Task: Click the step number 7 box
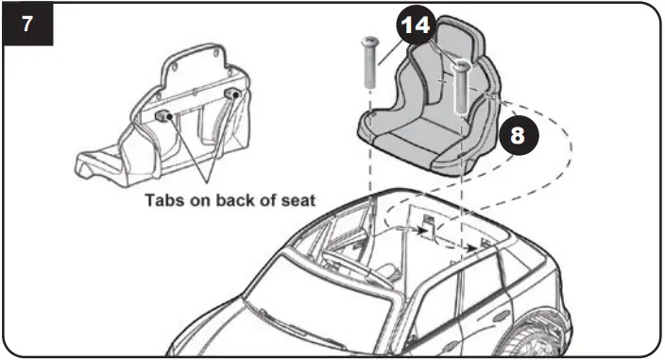(x=25, y=24)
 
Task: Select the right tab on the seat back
(x=232, y=94)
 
